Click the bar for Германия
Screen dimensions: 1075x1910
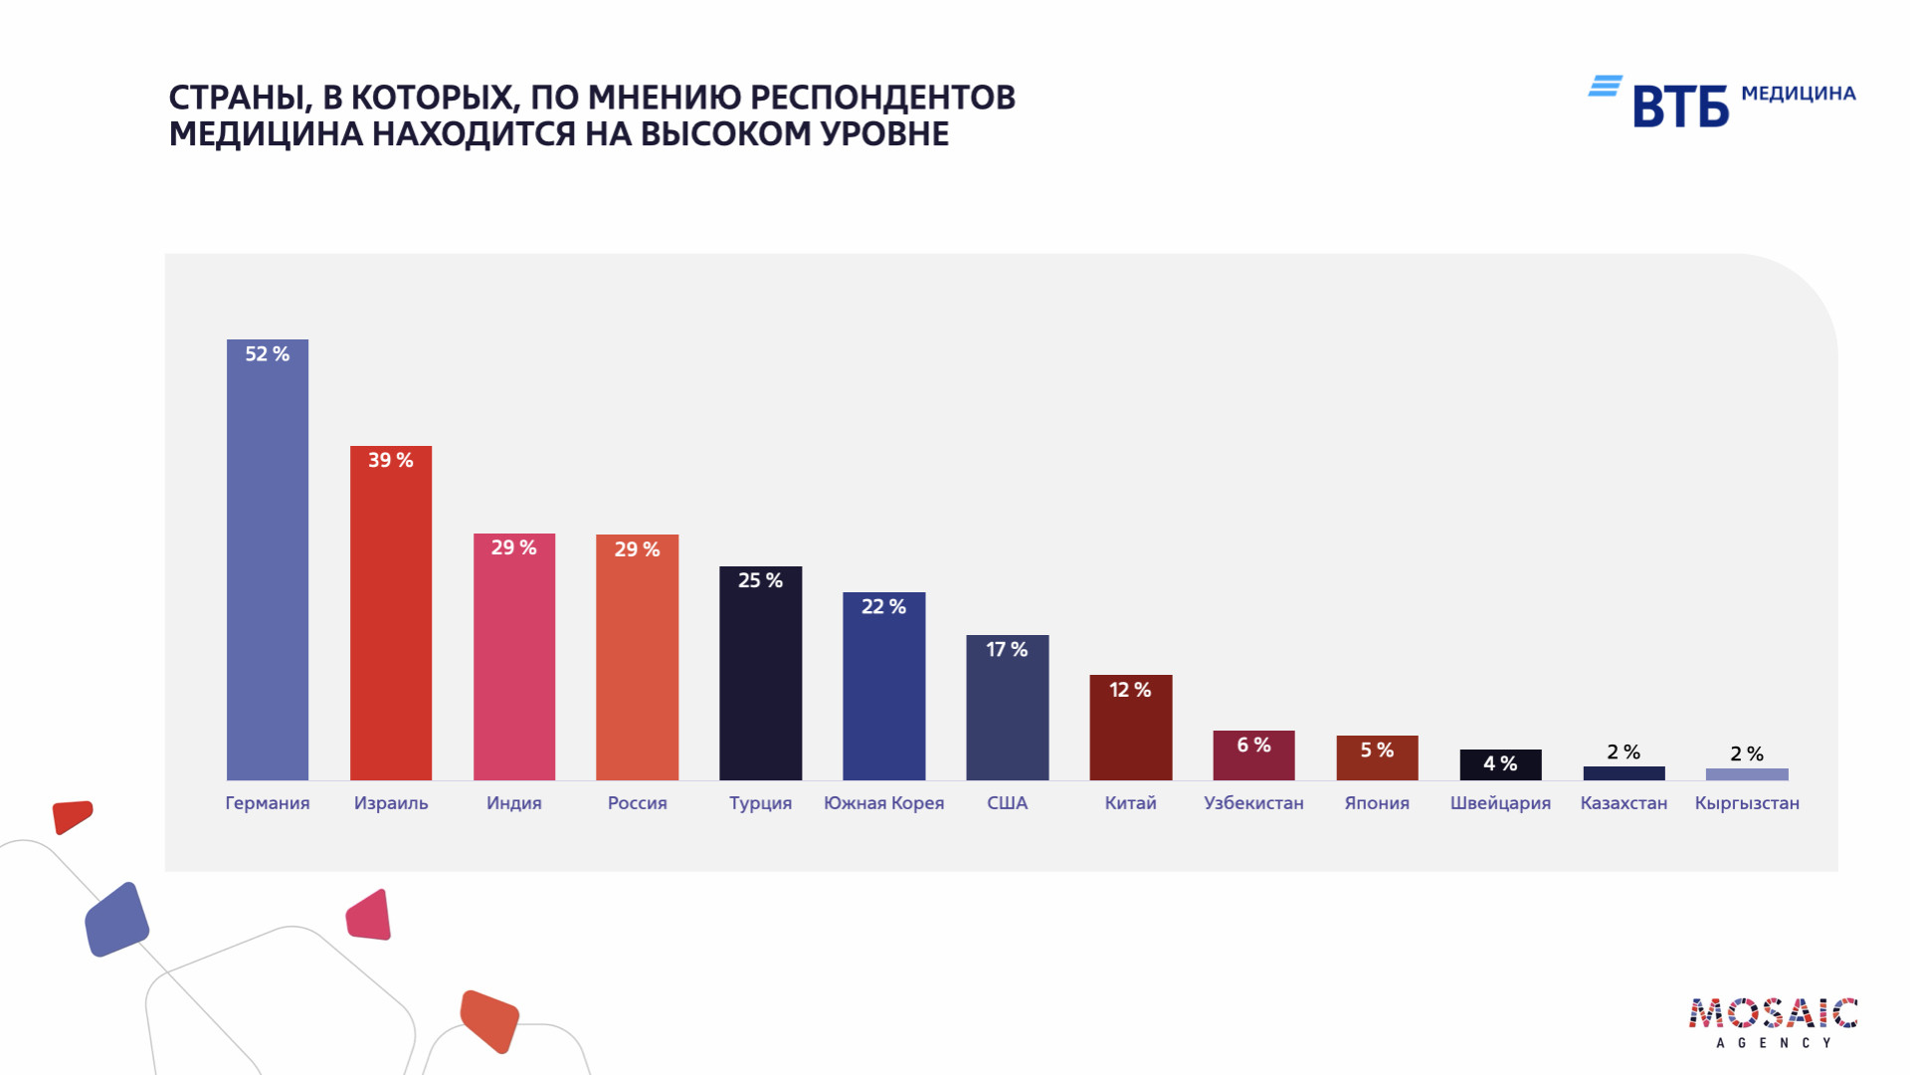(268, 577)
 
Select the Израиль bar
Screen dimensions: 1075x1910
(391, 627)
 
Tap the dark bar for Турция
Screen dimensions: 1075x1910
(760, 687)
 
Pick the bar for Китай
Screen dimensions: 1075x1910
(1130, 737)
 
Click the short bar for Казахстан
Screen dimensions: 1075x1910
(1623, 773)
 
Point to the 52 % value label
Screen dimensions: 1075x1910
(268, 354)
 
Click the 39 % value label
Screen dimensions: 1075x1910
(391, 460)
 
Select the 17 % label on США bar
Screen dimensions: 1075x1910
(1007, 650)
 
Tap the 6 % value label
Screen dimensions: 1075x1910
(1253, 746)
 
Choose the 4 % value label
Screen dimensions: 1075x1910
(1500, 763)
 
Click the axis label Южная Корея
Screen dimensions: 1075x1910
(883, 803)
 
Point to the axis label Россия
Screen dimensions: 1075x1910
(637, 803)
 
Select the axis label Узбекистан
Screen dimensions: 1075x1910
(1253, 803)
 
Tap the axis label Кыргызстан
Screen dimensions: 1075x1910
(1747, 803)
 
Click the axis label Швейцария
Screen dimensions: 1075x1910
(1500, 803)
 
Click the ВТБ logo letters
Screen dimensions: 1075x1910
(1680, 107)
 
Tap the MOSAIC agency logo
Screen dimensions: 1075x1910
(1773, 1021)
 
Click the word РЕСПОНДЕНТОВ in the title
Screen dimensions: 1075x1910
(882, 98)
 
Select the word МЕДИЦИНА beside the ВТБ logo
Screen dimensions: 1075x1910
(1799, 94)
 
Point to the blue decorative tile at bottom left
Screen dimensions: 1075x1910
(116, 920)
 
